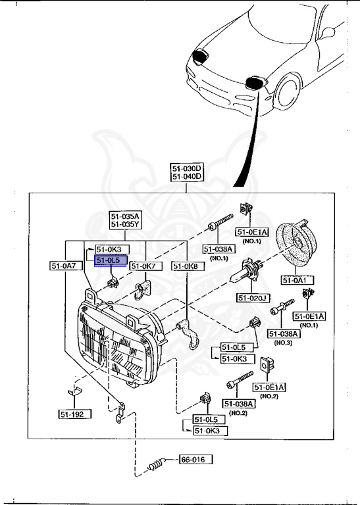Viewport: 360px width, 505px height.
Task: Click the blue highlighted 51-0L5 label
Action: (x=108, y=260)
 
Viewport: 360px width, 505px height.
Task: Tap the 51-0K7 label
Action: (x=143, y=266)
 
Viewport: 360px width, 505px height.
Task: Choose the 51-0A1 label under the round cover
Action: (x=297, y=280)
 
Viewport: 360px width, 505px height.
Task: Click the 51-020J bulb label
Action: (x=254, y=298)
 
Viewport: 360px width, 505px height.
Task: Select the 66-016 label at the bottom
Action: (x=195, y=460)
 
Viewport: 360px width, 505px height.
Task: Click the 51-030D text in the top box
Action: (x=187, y=169)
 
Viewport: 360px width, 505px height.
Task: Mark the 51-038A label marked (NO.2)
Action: (x=238, y=403)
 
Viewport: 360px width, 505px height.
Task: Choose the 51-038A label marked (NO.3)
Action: (x=283, y=334)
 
